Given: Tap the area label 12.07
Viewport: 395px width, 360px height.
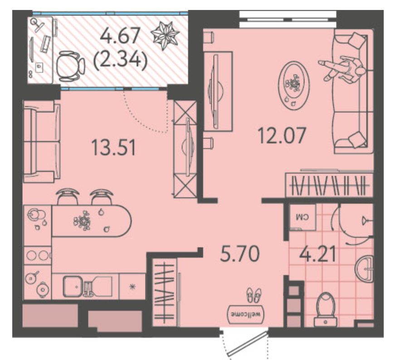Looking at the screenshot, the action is point(282,136).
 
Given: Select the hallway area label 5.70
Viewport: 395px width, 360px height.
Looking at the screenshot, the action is point(239,254).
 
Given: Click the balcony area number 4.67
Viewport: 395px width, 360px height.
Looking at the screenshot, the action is point(120,36).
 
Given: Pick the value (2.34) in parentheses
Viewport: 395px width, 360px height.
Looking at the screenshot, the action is point(120,61).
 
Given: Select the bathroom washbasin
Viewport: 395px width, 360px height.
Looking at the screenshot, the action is point(365,269).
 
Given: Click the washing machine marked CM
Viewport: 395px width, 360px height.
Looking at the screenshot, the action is point(302,217).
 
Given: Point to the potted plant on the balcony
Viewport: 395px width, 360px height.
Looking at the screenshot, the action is point(165,35).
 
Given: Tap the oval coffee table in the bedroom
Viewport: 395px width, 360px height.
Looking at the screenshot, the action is point(294,86).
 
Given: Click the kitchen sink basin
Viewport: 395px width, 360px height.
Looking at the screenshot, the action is point(72,286).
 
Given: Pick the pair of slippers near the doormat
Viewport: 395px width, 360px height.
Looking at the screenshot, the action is point(254,295).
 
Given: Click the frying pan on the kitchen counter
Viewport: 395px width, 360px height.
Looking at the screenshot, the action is point(32,277).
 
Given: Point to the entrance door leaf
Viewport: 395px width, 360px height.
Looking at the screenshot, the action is point(247,344).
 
